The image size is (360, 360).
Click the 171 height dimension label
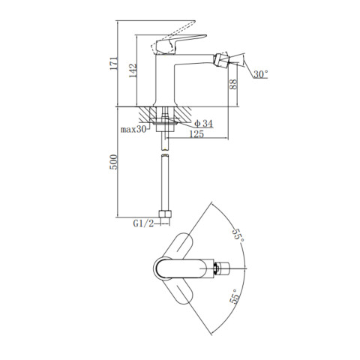[x=114, y=63]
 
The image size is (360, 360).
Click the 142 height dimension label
[x=133, y=70]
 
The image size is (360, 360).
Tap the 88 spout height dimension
[x=233, y=85]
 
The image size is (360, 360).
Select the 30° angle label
[x=261, y=74]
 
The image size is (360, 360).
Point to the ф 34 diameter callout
[x=203, y=123]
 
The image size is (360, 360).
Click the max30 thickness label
[x=133, y=129]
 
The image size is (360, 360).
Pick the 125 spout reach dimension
[x=196, y=134]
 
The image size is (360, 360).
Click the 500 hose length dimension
[x=113, y=162]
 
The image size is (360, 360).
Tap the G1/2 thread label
[x=143, y=223]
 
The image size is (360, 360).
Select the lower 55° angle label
[x=235, y=297]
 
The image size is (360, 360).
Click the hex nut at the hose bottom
[x=165, y=214]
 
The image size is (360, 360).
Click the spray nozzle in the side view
[x=221, y=60]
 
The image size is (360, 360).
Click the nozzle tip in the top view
[x=223, y=268]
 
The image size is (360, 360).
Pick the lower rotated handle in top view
[x=180, y=291]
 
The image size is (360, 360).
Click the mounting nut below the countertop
[x=165, y=127]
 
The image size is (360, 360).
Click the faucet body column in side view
[x=165, y=80]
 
